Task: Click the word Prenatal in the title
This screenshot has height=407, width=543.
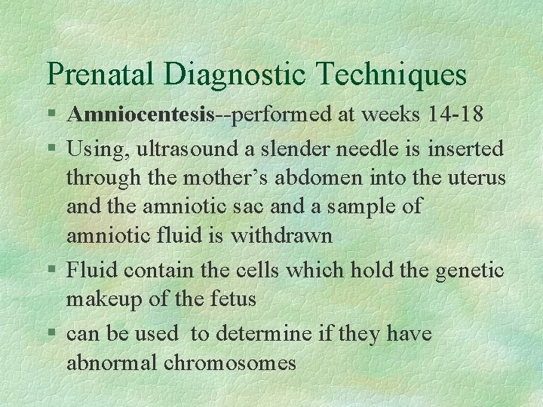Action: pos(101,74)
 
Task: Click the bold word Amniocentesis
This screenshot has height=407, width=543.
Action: pos(140,115)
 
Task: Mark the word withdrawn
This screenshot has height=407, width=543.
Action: pos(281,236)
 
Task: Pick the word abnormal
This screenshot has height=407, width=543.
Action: pos(112,363)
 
